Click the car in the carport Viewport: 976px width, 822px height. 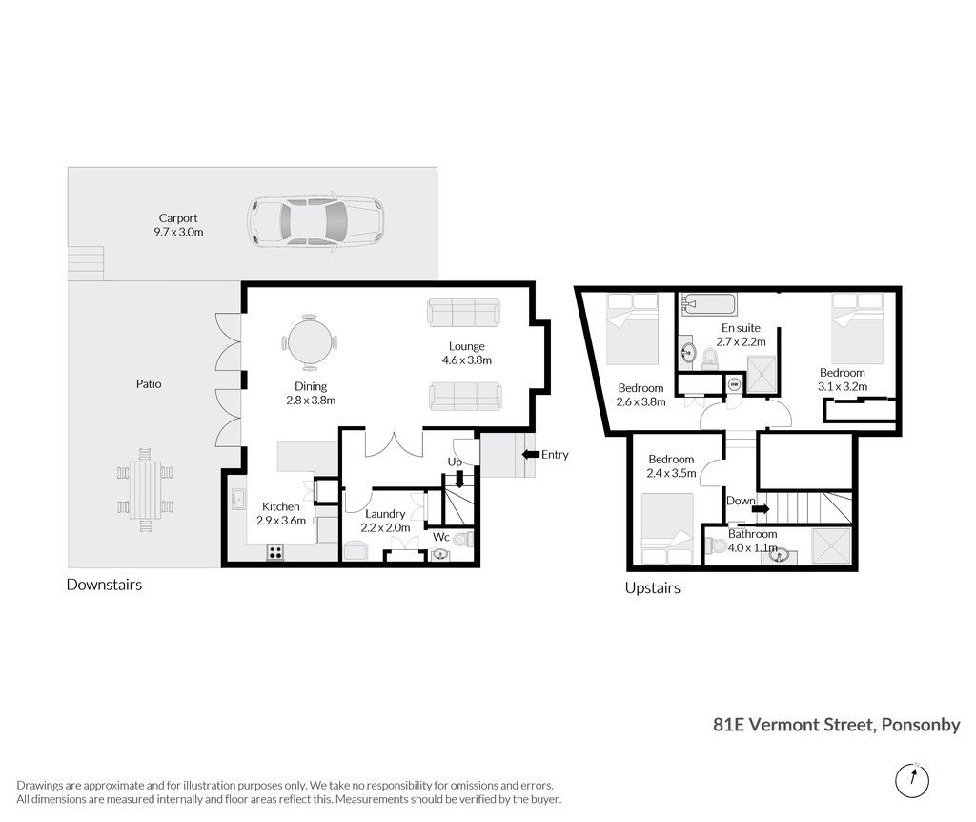click(315, 221)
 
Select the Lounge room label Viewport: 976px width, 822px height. click(467, 346)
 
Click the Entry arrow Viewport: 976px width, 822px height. click(530, 455)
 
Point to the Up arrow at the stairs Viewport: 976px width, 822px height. click(459, 479)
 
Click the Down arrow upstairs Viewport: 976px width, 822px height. click(760, 509)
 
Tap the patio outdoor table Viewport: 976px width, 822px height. click(145, 490)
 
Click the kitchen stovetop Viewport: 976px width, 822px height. click(275, 552)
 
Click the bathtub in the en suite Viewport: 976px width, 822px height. click(709, 304)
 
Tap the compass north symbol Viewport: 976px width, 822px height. click(912, 780)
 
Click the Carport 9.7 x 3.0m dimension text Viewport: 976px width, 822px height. click(178, 232)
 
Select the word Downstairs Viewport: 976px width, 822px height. click(104, 585)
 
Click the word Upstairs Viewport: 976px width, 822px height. click(652, 587)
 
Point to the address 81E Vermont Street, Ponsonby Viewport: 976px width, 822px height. click(837, 725)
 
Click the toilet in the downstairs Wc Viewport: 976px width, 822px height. click(464, 539)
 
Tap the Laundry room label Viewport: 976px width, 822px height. click(385, 514)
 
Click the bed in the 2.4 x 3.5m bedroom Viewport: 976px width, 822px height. click(667, 528)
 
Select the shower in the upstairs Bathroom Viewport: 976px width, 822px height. click(831, 546)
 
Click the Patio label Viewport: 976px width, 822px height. click(149, 384)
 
